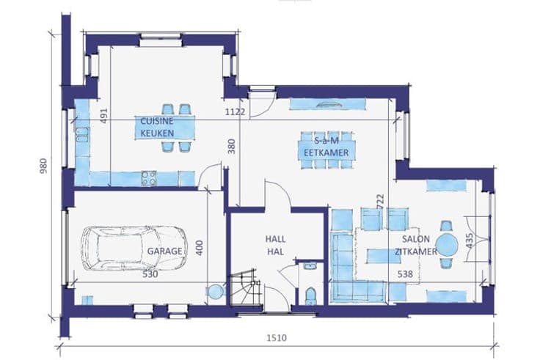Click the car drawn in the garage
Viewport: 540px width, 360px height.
point(134,249)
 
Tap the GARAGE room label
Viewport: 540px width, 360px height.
point(164,251)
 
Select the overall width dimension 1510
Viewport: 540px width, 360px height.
point(277,338)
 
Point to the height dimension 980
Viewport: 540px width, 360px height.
point(43,166)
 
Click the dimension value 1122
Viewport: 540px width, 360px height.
point(236,112)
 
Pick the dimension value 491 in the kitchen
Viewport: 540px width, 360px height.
point(104,116)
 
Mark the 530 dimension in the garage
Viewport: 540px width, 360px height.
point(150,274)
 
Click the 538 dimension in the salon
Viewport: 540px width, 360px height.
point(405,274)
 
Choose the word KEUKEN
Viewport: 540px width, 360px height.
point(157,133)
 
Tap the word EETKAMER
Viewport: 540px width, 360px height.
point(326,153)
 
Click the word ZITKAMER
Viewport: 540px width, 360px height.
point(416,251)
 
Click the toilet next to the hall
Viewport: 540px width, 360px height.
point(310,296)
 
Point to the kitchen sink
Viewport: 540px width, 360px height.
point(82,135)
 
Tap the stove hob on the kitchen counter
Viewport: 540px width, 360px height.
point(149,178)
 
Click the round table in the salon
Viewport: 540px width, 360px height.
point(447,245)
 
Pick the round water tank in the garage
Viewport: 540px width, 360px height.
point(216,292)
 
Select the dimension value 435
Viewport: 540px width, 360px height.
point(470,240)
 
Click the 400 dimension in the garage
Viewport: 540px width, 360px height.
point(200,248)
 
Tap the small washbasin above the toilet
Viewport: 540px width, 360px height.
point(310,266)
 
